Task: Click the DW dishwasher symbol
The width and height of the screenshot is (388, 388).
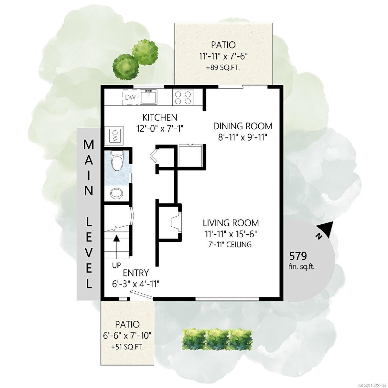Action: (x=131, y=97)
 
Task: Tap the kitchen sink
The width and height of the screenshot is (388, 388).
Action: (x=149, y=97)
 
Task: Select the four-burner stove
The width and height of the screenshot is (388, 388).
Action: (x=183, y=97)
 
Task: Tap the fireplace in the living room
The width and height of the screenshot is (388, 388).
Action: (x=176, y=223)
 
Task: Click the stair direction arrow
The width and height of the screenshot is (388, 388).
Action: (x=116, y=247)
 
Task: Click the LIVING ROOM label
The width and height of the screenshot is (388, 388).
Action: (x=231, y=223)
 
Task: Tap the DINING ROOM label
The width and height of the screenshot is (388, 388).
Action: (x=242, y=126)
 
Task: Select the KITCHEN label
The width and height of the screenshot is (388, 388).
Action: (x=160, y=117)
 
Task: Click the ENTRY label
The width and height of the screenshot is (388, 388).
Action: (x=136, y=273)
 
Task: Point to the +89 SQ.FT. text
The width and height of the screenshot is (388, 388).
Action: (x=223, y=68)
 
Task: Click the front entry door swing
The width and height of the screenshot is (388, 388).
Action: (x=141, y=296)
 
